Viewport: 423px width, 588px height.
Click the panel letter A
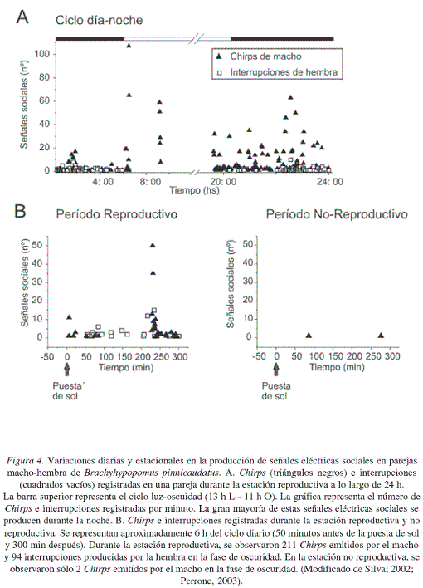pos(22,17)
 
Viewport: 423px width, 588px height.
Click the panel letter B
pos(20,211)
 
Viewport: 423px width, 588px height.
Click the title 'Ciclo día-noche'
pos(99,20)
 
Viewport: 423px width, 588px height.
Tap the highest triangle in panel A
pos(129,46)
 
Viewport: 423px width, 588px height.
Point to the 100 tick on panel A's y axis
pos(42,54)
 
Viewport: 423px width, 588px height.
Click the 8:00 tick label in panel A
pos(150,182)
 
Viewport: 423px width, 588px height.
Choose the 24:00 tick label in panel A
pos(330,182)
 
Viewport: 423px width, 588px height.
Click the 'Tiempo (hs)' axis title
pos(194,190)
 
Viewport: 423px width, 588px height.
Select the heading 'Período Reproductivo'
pos(116,214)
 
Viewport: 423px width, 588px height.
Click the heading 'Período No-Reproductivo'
pos(337,214)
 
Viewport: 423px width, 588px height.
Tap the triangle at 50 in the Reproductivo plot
pos(153,245)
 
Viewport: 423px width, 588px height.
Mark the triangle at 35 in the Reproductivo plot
pos(153,272)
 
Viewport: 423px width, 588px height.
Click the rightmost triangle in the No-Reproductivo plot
pos(381,336)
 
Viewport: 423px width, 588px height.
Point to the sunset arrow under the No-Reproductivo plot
pos(276,370)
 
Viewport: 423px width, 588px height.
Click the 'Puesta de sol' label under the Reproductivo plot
pos(66,390)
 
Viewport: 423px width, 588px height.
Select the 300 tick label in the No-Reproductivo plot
pos(392,356)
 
